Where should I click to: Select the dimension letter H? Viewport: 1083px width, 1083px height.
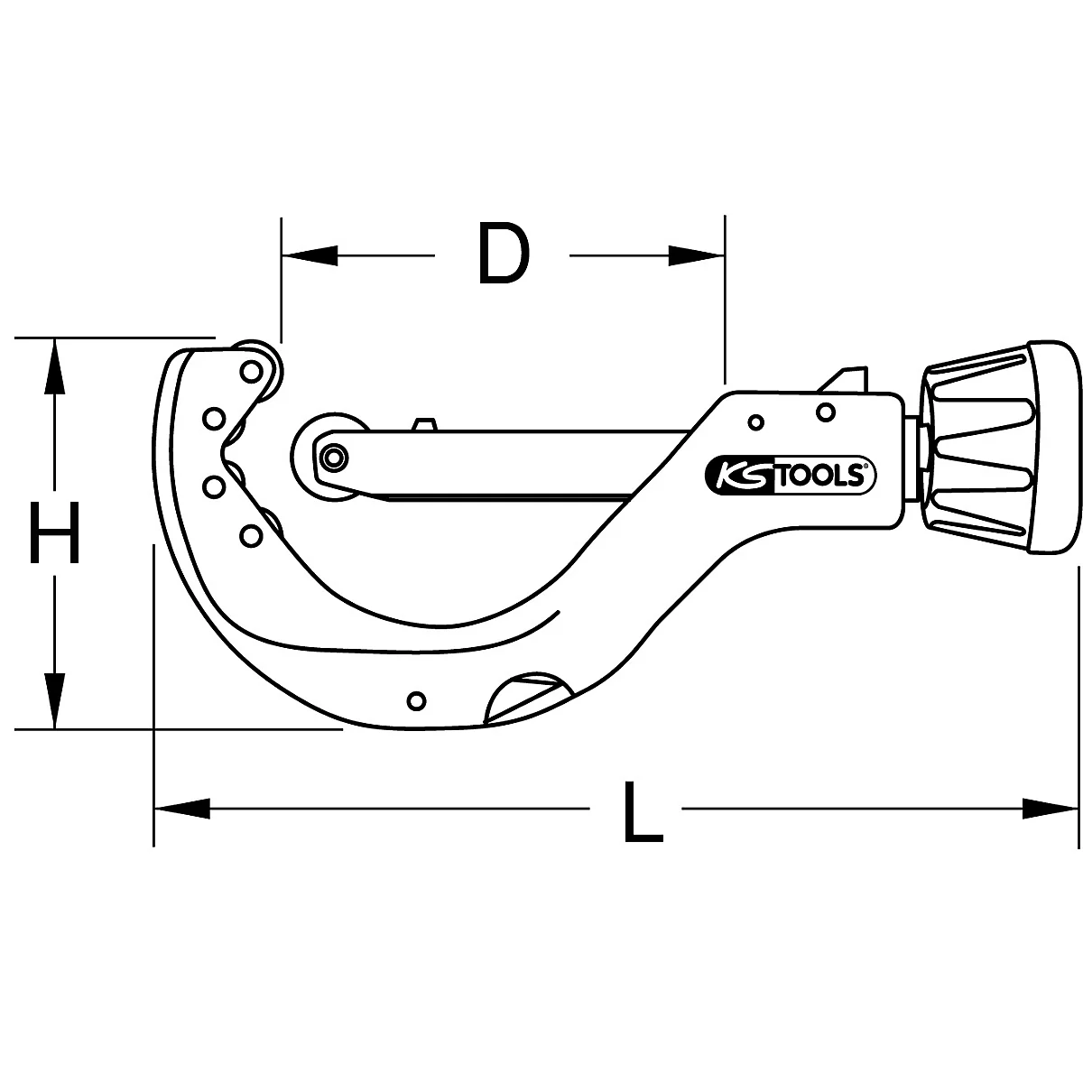[55, 533]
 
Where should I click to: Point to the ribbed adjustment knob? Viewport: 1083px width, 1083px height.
[979, 449]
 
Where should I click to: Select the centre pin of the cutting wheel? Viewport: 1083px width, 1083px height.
[334, 458]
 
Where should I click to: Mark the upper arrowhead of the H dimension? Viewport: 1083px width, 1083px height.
[55, 366]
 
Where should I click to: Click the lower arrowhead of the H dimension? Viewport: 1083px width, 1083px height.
[55, 700]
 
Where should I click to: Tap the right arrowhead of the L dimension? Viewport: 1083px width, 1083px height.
[1051, 810]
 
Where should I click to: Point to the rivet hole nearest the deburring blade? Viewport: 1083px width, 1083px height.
[416, 699]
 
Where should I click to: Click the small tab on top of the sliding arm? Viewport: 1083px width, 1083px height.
[423, 424]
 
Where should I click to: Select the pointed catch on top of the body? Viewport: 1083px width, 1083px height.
[843, 378]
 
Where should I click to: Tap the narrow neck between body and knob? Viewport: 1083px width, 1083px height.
[913, 448]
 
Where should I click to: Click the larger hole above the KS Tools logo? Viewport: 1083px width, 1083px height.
[824, 412]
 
